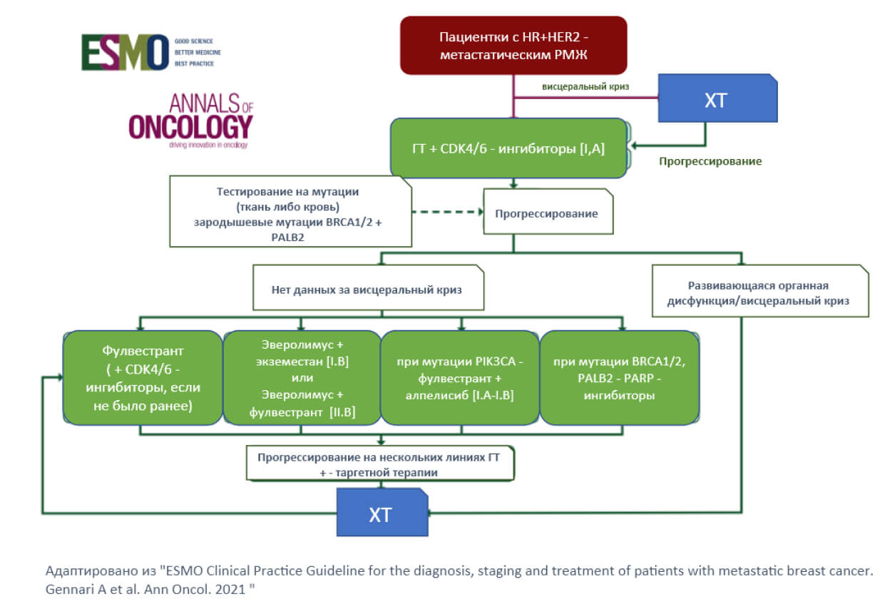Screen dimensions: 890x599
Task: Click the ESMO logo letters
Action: [x=126, y=53]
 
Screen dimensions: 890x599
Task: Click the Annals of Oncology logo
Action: [x=191, y=121]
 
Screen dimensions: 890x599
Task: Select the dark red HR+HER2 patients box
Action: [x=513, y=46]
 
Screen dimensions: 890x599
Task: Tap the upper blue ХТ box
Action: [x=717, y=98]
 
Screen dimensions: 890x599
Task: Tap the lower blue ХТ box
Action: [x=382, y=512]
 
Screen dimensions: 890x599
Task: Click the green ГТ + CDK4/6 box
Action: [x=508, y=148]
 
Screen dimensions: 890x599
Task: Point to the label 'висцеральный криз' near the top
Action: [x=585, y=86]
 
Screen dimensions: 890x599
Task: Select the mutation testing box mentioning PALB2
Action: [x=290, y=211]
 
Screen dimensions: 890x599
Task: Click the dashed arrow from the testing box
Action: [x=448, y=212]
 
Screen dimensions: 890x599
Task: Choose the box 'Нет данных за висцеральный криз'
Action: [x=368, y=287]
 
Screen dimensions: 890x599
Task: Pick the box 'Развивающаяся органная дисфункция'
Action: [x=760, y=291]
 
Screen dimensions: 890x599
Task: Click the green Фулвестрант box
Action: [x=143, y=378]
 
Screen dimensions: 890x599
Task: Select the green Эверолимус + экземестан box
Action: [x=302, y=378]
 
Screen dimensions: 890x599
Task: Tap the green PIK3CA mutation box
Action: [x=460, y=378]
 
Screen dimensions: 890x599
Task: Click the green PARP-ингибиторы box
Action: [x=620, y=378]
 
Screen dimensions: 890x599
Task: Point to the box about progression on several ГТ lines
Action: [x=380, y=463]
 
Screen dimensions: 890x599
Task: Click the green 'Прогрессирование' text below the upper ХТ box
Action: [x=710, y=161]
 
